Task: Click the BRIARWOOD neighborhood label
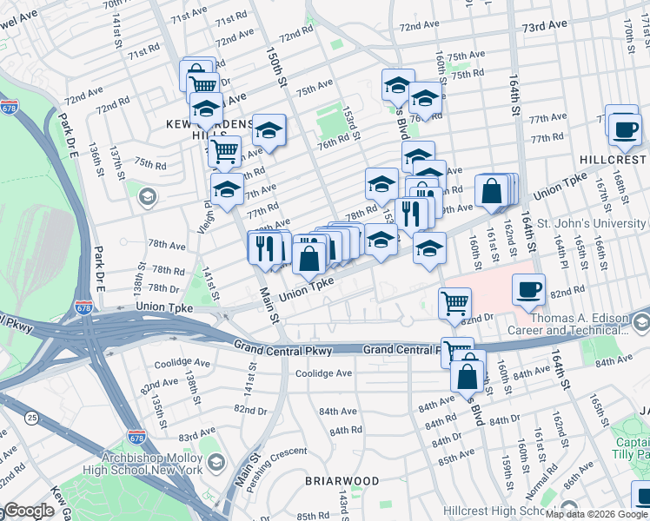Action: tap(342, 480)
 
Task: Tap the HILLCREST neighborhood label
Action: tap(612, 160)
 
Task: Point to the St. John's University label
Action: tap(593, 224)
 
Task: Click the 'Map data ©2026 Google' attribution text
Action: tap(596, 514)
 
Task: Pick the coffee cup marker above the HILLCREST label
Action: tap(622, 129)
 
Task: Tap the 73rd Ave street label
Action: tap(545, 27)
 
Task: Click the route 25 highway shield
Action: tap(32, 419)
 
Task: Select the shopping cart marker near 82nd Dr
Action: tap(455, 304)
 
